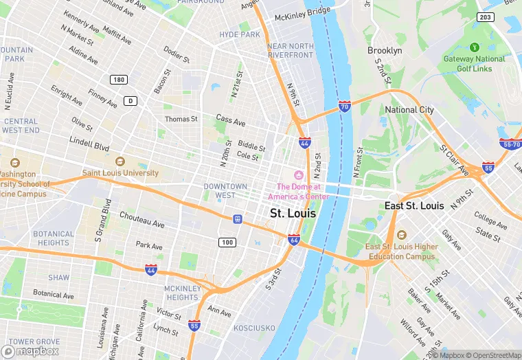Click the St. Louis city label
293,214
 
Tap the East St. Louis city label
414,206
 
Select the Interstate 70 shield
345,106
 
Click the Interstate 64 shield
294,240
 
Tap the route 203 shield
486,17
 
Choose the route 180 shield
120,80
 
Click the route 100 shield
227,243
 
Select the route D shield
129,101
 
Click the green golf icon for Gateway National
473,47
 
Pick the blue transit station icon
238,219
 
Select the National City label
409,110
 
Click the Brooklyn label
385,51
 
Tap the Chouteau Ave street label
142,224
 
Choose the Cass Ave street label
230,122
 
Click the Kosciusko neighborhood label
253,329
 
